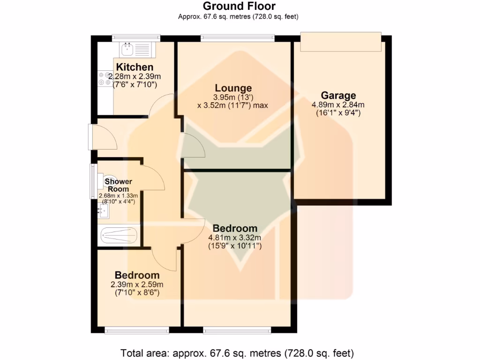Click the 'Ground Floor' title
point(239,6)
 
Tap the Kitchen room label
point(135,67)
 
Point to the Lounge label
point(233,88)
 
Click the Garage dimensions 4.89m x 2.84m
point(338,105)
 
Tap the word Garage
point(338,96)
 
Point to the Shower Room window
point(93,180)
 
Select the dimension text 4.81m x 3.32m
point(235,237)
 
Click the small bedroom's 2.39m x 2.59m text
point(137,284)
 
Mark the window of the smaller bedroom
point(137,331)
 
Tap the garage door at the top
point(341,42)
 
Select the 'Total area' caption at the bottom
point(237,352)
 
